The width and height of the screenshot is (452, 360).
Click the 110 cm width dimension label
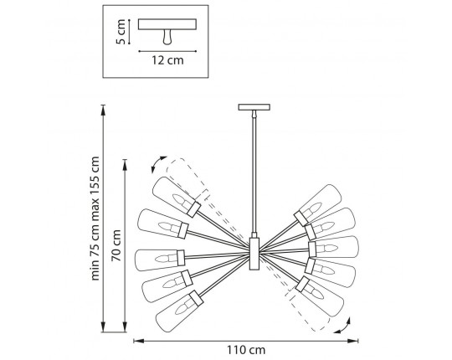(x=246, y=350)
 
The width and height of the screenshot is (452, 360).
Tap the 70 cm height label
(x=116, y=245)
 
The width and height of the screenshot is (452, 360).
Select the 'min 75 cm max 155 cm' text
(x=95, y=219)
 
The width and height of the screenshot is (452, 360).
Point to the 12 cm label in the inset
(x=167, y=60)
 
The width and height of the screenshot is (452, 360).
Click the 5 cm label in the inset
(x=121, y=32)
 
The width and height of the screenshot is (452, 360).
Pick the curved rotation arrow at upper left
(x=157, y=163)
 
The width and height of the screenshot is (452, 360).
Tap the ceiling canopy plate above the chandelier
(x=254, y=107)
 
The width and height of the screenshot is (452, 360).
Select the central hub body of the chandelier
(x=254, y=254)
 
